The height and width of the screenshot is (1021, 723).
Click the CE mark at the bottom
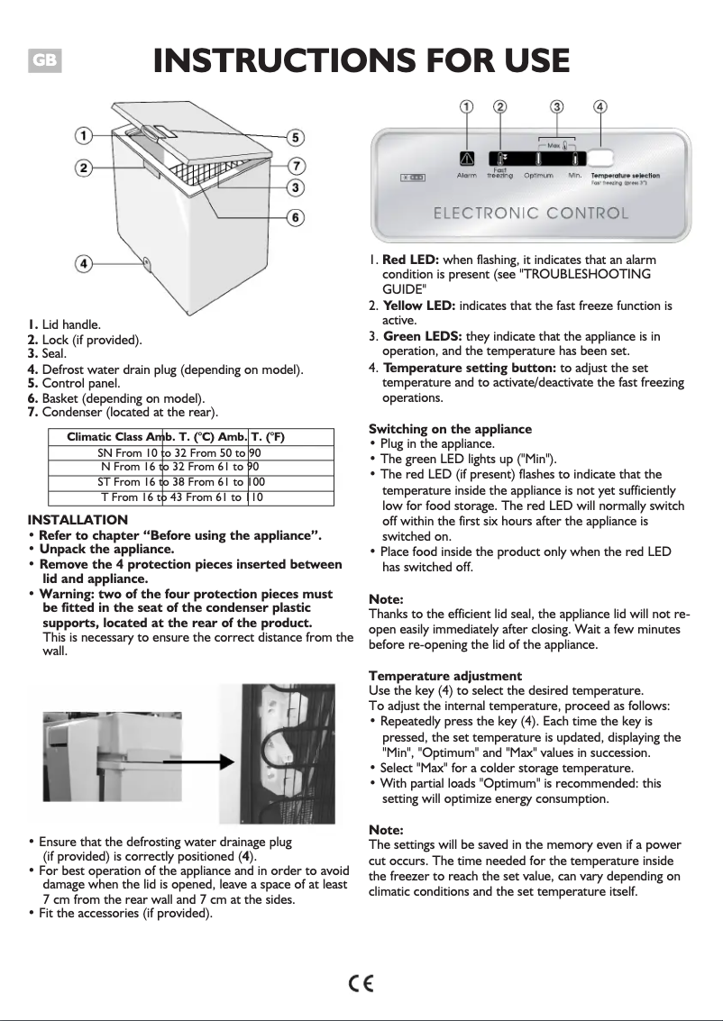tap(361, 982)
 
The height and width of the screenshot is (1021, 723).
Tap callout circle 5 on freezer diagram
tap(296, 138)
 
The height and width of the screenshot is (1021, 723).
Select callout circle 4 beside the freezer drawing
tap(82, 264)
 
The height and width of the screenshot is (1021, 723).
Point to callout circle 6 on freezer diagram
tap(295, 217)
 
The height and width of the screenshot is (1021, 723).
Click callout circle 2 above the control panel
tap(499, 106)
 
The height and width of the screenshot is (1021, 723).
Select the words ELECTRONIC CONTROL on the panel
tap(531, 214)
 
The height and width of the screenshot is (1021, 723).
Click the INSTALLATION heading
tap(78, 520)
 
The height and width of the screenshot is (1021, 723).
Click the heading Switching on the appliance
tap(451, 429)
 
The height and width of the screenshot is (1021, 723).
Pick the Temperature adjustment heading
tap(445, 676)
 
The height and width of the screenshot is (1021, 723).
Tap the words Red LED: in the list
tap(411, 260)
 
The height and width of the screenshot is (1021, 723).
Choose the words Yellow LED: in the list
tap(419, 306)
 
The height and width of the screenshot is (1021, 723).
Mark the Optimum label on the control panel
tap(538, 176)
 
